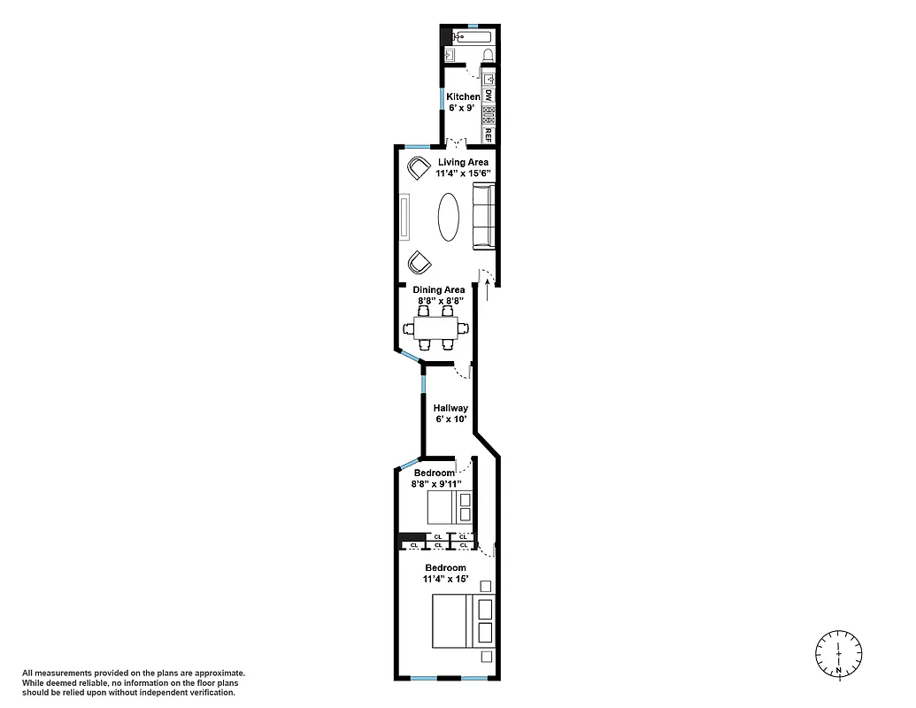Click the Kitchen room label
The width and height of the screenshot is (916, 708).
(462, 96)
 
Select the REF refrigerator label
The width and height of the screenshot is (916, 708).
(488, 135)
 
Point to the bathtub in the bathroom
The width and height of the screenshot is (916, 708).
(472, 37)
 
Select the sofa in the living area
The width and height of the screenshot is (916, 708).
(482, 217)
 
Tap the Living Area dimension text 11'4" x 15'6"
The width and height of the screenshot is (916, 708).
(463, 174)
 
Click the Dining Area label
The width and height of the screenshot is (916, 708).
(438, 289)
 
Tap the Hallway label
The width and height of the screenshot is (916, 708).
(450, 408)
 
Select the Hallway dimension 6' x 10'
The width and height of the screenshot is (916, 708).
(450, 419)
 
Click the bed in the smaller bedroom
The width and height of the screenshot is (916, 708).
(450, 508)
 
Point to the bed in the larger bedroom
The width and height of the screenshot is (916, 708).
(462, 620)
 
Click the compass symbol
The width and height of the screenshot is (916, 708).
(838, 655)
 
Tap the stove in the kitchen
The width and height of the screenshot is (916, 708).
(488, 114)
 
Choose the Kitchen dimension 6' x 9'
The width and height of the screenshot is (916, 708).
(462, 108)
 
